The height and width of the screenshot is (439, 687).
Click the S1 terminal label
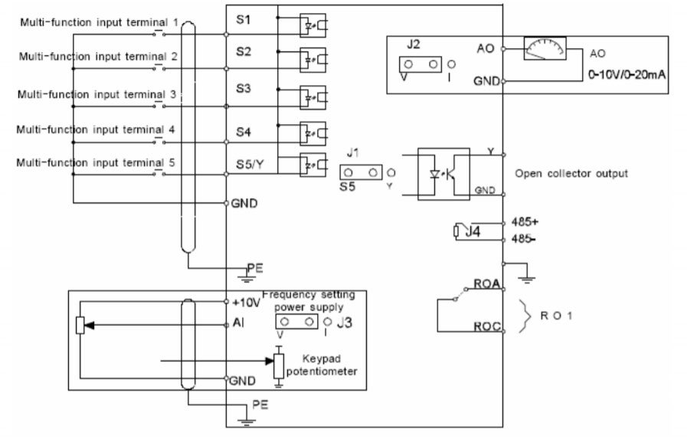point(243,20)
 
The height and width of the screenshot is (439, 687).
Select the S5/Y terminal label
point(250,164)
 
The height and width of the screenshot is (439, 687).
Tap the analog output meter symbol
point(545,48)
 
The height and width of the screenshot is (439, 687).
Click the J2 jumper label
point(413,44)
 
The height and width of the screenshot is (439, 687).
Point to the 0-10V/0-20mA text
point(626,74)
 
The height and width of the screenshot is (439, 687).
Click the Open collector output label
point(571,173)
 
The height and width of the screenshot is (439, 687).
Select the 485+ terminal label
point(525,221)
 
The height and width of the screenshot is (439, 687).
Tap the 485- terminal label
point(524,239)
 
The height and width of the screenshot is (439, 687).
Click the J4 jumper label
point(473,231)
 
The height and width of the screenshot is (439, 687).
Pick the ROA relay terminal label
point(487,284)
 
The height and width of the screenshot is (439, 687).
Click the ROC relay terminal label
point(487,326)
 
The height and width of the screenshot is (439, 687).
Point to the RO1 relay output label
point(556,316)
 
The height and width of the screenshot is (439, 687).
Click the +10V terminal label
point(247,303)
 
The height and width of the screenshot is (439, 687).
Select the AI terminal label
point(238,323)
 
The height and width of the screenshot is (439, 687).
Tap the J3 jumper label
point(345,323)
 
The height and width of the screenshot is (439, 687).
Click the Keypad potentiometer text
point(322,365)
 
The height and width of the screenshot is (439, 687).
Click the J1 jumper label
point(353,153)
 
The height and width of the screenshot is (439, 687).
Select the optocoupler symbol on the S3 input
point(312,97)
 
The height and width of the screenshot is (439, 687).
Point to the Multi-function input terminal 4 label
point(96,129)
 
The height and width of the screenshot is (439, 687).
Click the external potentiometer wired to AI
point(80,325)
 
